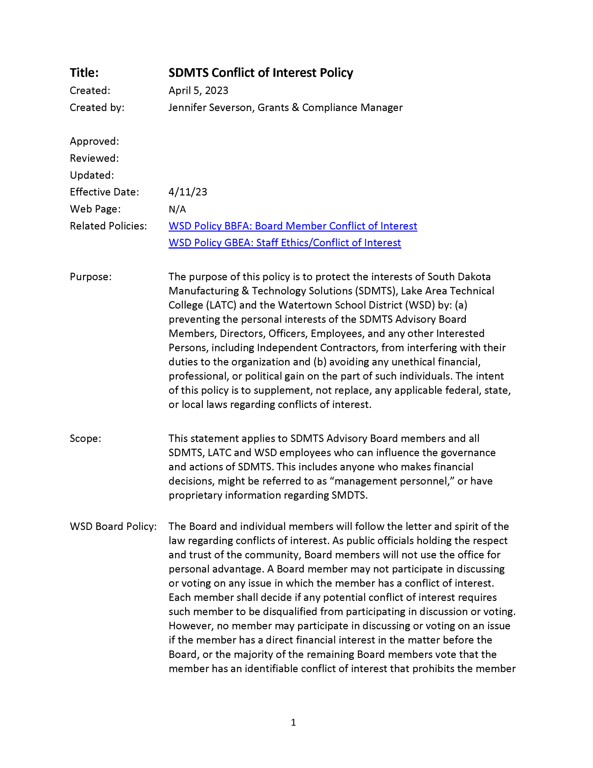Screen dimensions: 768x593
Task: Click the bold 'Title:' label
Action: pyautogui.click(x=84, y=73)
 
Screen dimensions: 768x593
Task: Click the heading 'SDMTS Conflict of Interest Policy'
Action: pyautogui.click(x=261, y=73)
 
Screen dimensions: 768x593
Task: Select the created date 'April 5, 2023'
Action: pyautogui.click(x=198, y=91)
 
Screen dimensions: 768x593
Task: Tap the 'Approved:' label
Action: pyautogui.click(x=94, y=141)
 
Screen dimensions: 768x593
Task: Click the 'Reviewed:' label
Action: pyautogui.click(x=94, y=158)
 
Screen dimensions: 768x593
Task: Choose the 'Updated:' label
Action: pyautogui.click(x=92, y=175)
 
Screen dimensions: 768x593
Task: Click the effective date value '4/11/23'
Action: pyautogui.click(x=188, y=192)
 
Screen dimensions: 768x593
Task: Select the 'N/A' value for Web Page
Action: pyautogui.click(x=177, y=209)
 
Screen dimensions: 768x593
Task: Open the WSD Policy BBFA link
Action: pyautogui.click(x=293, y=226)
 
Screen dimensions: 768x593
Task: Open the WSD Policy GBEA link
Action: pyautogui.click(x=285, y=243)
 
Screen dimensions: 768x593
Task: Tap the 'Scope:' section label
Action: pyautogui.click(x=85, y=439)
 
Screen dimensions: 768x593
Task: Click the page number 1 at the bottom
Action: pyautogui.click(x=294, y=723)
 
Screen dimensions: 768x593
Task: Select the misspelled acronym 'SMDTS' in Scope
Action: pyautogui.click(x=348, y=496)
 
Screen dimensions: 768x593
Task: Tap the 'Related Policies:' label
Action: pyautogui.click(x=108, y=226)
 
